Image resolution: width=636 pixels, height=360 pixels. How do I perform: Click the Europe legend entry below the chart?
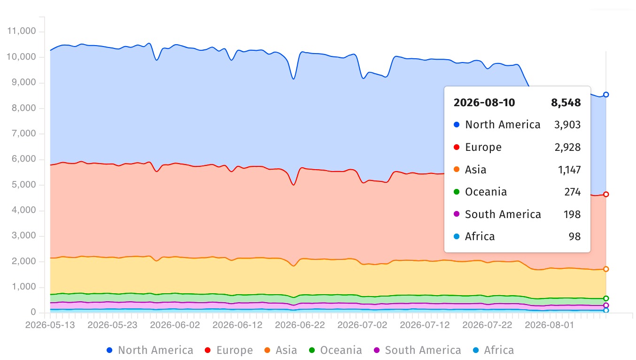point(229,350)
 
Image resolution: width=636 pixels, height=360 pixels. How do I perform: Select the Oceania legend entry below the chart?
point(335,350)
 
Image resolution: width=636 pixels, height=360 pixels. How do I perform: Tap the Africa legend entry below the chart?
point(494,350)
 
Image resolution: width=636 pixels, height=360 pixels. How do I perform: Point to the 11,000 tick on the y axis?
point(22,31)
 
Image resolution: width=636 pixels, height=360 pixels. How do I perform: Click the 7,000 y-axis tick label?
point(24,133)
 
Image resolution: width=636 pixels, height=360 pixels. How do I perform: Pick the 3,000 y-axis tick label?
point(24,235)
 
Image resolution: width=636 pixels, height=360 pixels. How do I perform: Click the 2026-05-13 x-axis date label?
point(50,325)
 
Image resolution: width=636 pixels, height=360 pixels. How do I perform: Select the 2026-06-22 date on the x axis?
point(300,325)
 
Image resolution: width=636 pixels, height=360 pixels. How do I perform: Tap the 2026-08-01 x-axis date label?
point(550,325)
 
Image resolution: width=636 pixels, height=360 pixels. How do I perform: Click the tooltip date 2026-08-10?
point(484,102)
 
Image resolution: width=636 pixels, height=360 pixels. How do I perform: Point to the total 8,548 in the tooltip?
point(566,102)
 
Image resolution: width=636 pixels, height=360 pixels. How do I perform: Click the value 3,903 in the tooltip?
point(567,125)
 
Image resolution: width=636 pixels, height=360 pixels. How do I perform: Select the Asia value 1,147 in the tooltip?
point(569,170)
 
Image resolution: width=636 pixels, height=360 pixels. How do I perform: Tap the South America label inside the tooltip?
point(503,214)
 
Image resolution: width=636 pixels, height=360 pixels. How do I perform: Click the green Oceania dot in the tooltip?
point(457,192)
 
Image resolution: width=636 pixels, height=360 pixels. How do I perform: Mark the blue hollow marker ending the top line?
point(606,94)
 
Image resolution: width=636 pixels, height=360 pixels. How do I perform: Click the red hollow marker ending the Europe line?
point(606,195)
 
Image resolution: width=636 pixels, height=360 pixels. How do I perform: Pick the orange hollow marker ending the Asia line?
point(606,269)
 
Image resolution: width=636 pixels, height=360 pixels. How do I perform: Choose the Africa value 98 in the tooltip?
point(574,237)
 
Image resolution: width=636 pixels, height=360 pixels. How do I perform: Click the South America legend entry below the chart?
point(418,350)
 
